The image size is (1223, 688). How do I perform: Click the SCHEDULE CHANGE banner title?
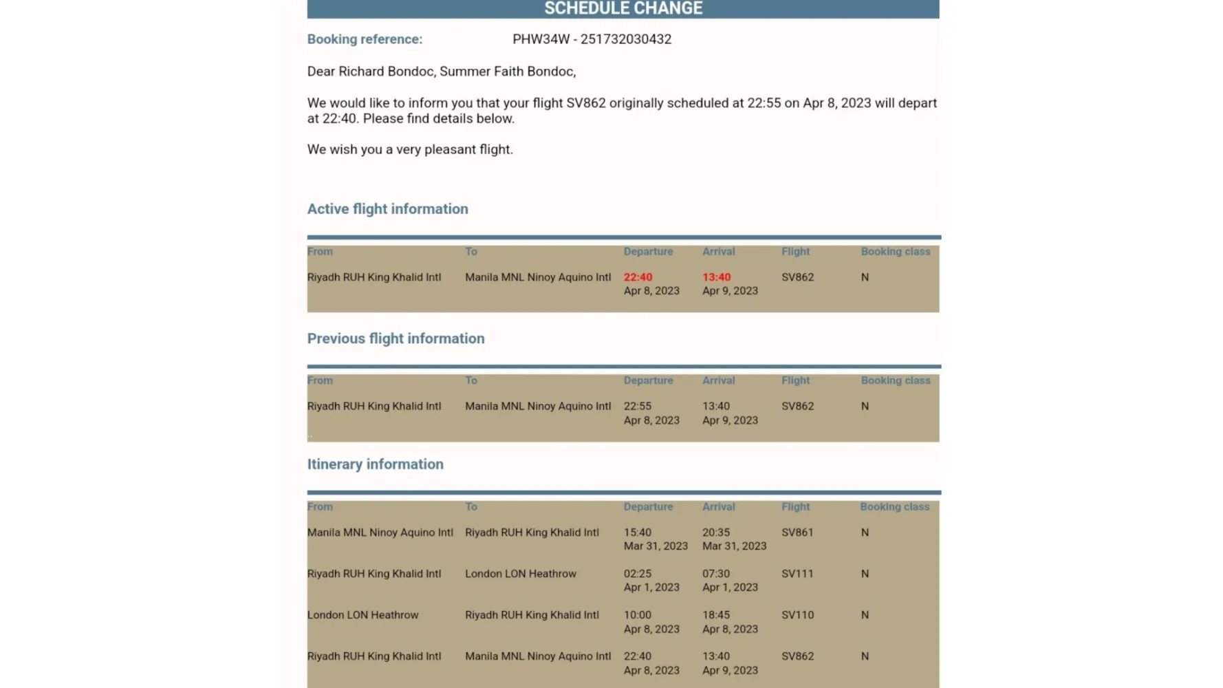pos(623,8)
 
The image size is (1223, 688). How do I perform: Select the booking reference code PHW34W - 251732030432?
pos(592,39)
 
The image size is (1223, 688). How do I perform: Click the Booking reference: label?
pos(365,39)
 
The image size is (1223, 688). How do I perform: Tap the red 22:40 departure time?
pos(638,277)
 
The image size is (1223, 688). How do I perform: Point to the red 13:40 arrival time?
pos(716,277)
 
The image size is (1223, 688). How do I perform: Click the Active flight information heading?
pos(387,209)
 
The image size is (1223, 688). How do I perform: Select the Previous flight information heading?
pos(396,338)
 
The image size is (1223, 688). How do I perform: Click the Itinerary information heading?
pos(375,464)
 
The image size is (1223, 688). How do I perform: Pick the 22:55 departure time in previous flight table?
pos(638,406)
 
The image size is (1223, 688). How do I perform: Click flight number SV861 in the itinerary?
pos(797,533)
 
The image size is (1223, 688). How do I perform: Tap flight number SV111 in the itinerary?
pos(797,574)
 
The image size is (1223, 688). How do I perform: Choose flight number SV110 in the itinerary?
pos(797,615)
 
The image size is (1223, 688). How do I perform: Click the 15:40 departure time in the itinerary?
pos(638,533)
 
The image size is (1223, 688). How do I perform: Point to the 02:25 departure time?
pos(638,574)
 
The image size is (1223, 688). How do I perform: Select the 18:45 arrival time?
pos(716,615)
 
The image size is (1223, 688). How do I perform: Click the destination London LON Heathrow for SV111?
pos(520,574)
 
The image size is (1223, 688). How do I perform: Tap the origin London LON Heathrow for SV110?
pos(362,615)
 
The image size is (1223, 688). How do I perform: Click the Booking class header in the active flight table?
pos(895,252)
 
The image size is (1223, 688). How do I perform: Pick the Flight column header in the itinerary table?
pos(795,507)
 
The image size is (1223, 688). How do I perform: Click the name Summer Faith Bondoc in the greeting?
pos(506,72)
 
